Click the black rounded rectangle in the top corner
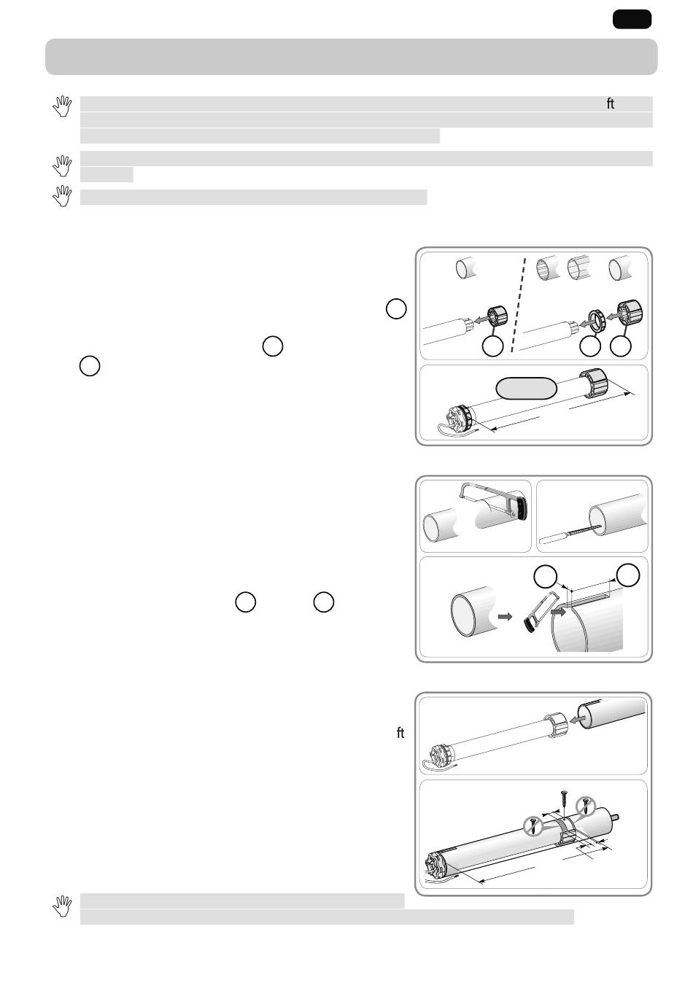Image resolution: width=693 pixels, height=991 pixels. tap(632, 20)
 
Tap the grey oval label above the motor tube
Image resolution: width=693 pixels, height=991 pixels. tap(526, 388)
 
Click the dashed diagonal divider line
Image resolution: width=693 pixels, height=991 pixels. tap(519, 305)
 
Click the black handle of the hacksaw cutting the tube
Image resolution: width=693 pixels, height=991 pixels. tap(523, 507)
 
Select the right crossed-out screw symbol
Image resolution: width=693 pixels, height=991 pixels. tap(586, 806)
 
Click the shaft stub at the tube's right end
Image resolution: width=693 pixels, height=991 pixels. tap(614, 817)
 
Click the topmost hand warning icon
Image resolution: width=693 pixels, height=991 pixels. tap(62, 106)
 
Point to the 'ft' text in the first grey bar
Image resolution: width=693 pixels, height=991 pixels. tap(611, 104)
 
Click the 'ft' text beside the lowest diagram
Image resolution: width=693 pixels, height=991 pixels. tap(400, 733)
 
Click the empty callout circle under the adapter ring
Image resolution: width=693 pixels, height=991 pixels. tap(590, 346)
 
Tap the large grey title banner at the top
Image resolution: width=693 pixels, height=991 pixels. tap(352, 57)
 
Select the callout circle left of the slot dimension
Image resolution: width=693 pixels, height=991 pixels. tap(545, 577)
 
